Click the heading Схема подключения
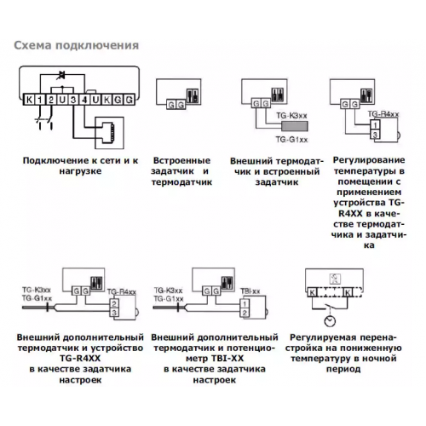[x=77, y=45]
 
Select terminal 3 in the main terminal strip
[x=73, y=100]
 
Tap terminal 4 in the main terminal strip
[x=84, y=100]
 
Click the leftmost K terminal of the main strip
[x=29, y=100]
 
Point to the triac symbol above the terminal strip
[x=61, y=75]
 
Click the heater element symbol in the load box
[x=109, y=132]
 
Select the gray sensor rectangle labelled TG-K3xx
[x=295, y=126]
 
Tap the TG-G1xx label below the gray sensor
[x=291, y=140]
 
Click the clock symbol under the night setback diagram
[x=330, y=321]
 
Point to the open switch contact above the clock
[x=330, y=307]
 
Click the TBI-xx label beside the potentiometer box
[x=250, y=291]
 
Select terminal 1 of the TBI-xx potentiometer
[x=245, y=304]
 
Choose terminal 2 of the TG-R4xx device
[x=114, y=303]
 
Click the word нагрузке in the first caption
[x=80, y=171]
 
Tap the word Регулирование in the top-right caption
[x=369, y=160]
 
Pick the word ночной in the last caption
[x=381, y=359]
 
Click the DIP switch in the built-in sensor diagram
[x=193, y=95]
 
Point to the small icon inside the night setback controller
[x=335, y=279]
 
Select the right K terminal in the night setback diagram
[x=348, y=292]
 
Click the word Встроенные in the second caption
[x=181, y=160]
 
